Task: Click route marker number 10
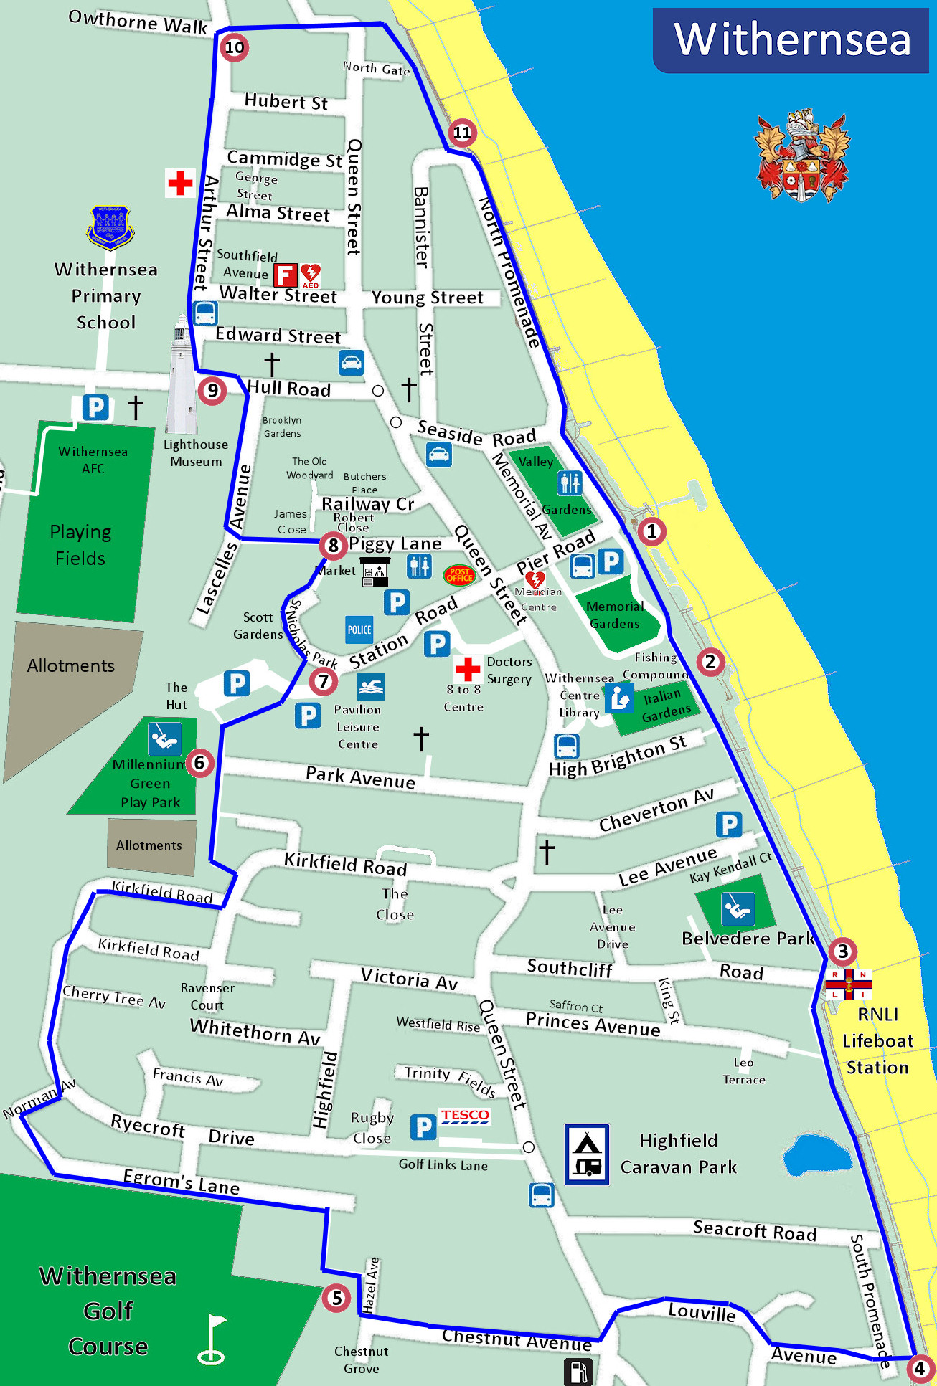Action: point(235,48)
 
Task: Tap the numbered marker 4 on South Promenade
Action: point(919,1368)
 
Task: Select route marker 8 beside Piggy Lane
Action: point(333,545)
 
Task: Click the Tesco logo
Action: point(465,1116)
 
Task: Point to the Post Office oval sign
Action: point(459,574)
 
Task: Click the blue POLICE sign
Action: point(359,630)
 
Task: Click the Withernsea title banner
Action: point(791,40)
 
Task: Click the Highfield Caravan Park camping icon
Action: point(587,1154)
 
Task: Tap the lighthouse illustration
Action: point(181,376)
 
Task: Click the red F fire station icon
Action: point(285,275)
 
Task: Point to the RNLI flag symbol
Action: point(849,984)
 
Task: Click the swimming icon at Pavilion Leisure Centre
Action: point(371,687)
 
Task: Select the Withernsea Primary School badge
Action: point(110,227)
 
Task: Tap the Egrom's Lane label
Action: point(181,1182)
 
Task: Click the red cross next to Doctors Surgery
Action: point(467,669)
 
